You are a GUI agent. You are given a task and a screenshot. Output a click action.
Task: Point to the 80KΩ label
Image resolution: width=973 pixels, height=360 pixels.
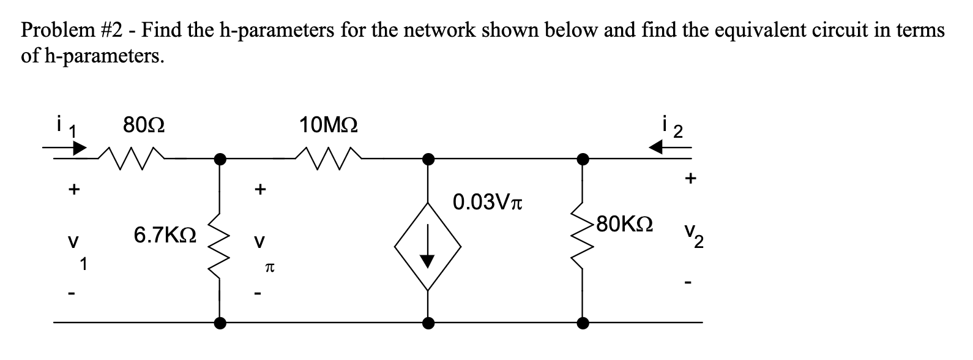[624, 223]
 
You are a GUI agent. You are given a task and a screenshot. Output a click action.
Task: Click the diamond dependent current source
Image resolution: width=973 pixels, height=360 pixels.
[428, 247]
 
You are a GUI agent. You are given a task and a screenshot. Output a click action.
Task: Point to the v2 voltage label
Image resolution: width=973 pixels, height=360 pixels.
[693, 234]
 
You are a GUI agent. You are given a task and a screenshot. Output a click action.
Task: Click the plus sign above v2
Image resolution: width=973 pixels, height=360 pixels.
[690, 179]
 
